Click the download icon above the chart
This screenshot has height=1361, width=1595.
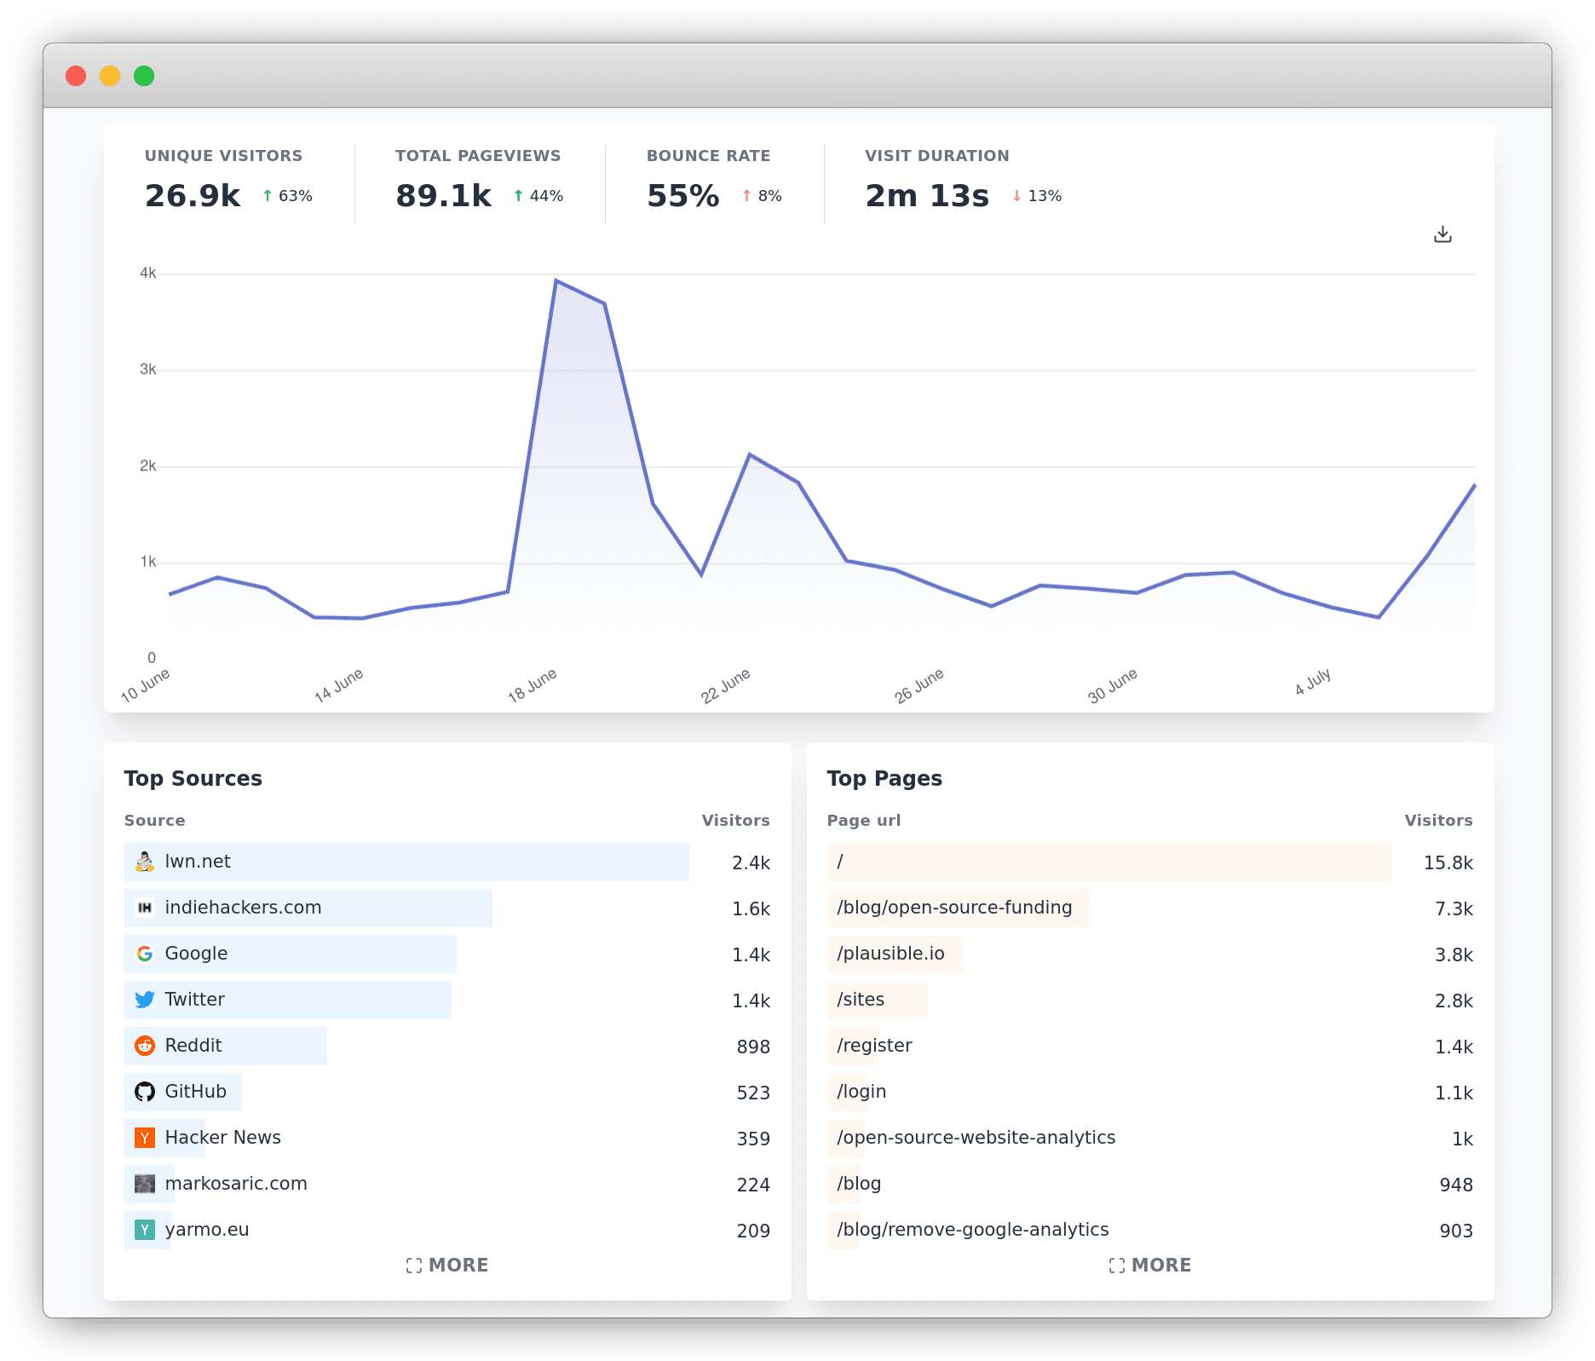tap(1442, 234)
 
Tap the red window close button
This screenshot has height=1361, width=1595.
tap(76, 76)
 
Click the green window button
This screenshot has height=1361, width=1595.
tap(144, 76)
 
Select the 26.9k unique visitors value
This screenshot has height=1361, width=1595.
tap(193, 196)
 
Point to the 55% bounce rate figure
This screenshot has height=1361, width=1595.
tap(682, 196)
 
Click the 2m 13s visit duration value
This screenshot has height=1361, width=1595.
tap(927, 196)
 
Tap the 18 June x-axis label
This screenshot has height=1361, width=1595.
tap(533, 685)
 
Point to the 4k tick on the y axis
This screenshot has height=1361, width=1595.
tap(148, 274)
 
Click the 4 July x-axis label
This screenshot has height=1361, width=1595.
tap(1312, 682)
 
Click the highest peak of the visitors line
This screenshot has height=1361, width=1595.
tap(556, 280)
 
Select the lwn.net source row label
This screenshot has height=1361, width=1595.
tap(198, 862)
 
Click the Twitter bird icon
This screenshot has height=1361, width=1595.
tap(145, 1000)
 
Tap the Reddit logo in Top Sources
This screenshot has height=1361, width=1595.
tap(145, 1046)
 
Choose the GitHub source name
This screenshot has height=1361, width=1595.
tap(196, 1092)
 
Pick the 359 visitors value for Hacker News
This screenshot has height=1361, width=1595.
tap(753, 1139)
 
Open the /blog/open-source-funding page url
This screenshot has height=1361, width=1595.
tap(954, 908)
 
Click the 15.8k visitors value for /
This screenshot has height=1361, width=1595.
tap(1448, 862)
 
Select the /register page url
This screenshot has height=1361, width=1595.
tap(874, 1046)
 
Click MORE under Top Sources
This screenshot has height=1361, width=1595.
tap(447, 1266)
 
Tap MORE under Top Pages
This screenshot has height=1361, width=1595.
tap(1150, 1266)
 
